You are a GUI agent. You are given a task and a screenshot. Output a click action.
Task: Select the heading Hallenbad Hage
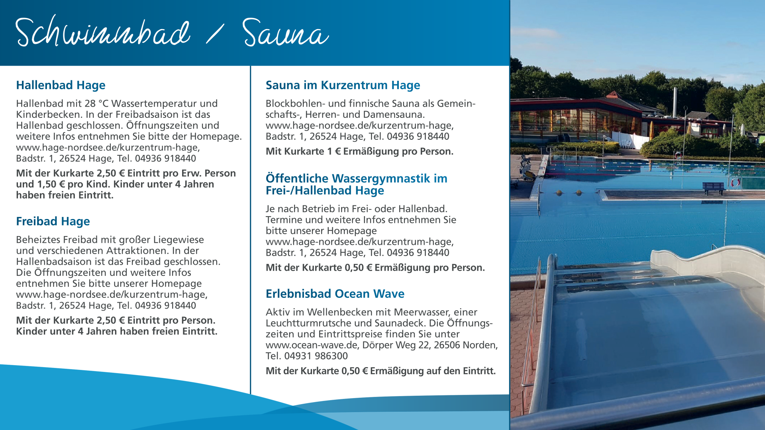(61, 85)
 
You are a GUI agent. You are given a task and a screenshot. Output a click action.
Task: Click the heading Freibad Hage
(53, 221)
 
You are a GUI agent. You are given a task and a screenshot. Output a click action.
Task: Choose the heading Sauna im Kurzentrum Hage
(343, 85)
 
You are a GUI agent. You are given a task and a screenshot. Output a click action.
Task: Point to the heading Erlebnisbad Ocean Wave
(335, 294)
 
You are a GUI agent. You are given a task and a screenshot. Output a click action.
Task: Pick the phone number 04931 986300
(316, 356)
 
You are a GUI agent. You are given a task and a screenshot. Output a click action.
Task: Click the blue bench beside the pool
(713, 188)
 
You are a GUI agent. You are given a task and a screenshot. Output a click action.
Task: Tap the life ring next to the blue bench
(736, 183)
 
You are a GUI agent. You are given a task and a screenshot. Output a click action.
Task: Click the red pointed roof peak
(614, 94)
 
